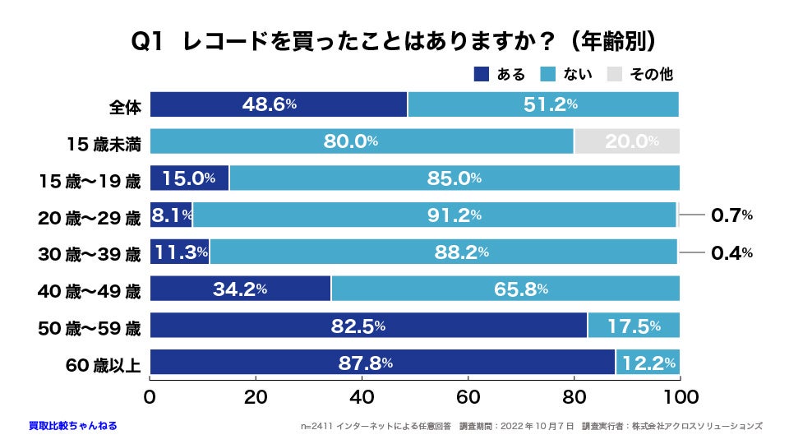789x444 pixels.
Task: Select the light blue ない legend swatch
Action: point(548,75)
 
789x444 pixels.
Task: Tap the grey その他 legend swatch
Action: point(615,75)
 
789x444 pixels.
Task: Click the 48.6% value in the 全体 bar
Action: point(269,104)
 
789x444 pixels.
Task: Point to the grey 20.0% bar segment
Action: point(626,141)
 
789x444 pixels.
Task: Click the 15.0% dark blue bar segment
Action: point(189,178)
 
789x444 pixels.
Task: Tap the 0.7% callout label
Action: point(731,215)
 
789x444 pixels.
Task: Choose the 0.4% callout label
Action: point(731,252)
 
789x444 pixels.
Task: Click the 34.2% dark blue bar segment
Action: point(240,289)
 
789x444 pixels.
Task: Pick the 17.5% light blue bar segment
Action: point(633,326)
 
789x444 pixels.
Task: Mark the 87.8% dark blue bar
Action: point(382,363)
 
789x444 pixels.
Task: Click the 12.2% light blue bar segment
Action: point(648,363)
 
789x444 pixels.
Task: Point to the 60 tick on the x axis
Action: point(468,396)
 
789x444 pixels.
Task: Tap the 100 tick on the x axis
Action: point(680,396)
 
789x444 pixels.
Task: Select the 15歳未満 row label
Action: point(104,142)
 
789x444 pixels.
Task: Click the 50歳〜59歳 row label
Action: point(90,326)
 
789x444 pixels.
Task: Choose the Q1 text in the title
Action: point(150,42)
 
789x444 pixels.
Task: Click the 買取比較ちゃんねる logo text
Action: point(72,426)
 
